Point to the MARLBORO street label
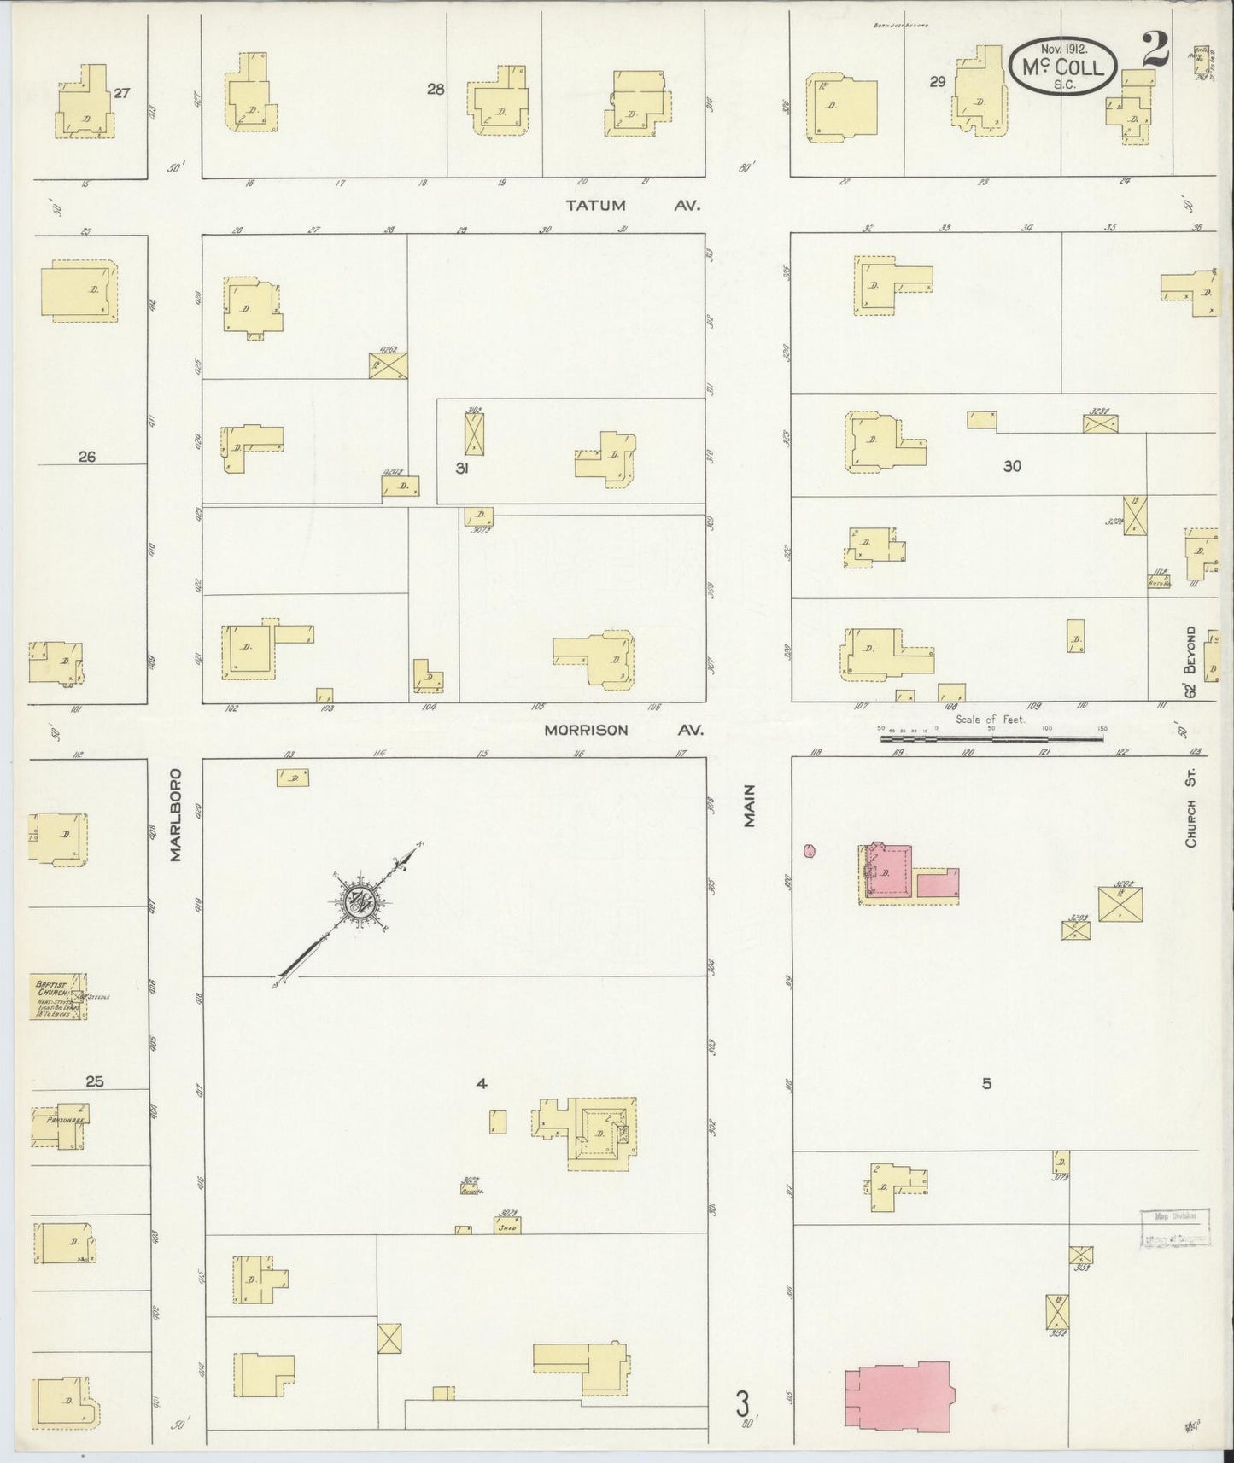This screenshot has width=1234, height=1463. (x=177, y=814)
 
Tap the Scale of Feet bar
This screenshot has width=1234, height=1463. (x=992, y=732)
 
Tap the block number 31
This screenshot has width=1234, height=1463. (x=462, y=468)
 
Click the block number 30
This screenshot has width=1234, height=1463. (x=1012, y=466)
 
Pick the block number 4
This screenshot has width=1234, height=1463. (x=482, y=1083)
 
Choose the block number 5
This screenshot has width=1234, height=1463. (x=986, y=1083)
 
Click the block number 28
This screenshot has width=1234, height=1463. (x=436, y=89)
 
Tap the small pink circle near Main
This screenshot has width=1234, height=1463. (x=810, y=850)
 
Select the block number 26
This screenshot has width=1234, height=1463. (x=86, y=457)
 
